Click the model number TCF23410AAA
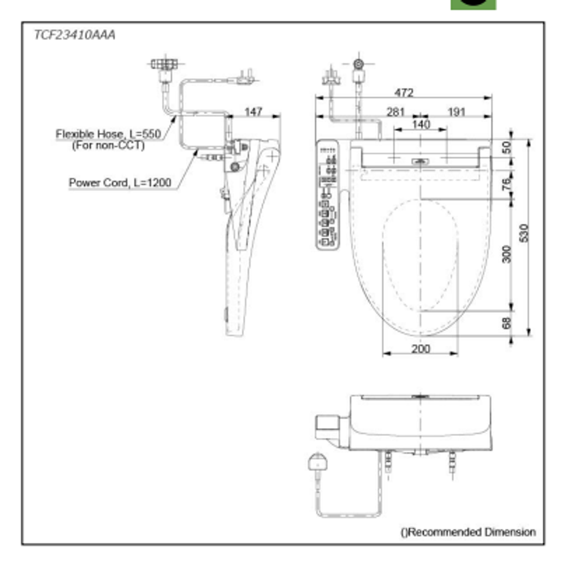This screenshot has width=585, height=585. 75,35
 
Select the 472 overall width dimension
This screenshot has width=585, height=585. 404,93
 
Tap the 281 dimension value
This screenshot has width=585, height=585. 395,112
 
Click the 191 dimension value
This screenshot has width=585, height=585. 457,112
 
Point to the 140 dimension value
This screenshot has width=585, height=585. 420,125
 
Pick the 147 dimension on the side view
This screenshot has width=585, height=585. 253,112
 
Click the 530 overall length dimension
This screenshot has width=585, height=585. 523,233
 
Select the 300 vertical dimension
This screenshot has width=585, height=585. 506,253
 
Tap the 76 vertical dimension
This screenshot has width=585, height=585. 506,184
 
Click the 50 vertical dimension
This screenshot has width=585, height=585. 506,147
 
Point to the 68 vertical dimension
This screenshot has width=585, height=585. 506,323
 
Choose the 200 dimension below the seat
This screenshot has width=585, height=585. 420,349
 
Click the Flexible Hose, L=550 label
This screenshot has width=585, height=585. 108,134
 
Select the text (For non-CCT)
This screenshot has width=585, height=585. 108,145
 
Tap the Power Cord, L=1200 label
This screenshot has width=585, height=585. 120,183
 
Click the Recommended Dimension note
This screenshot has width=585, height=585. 468,532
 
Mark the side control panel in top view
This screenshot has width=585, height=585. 327,194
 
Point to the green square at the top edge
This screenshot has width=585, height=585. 473,4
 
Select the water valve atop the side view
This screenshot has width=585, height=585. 164,64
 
